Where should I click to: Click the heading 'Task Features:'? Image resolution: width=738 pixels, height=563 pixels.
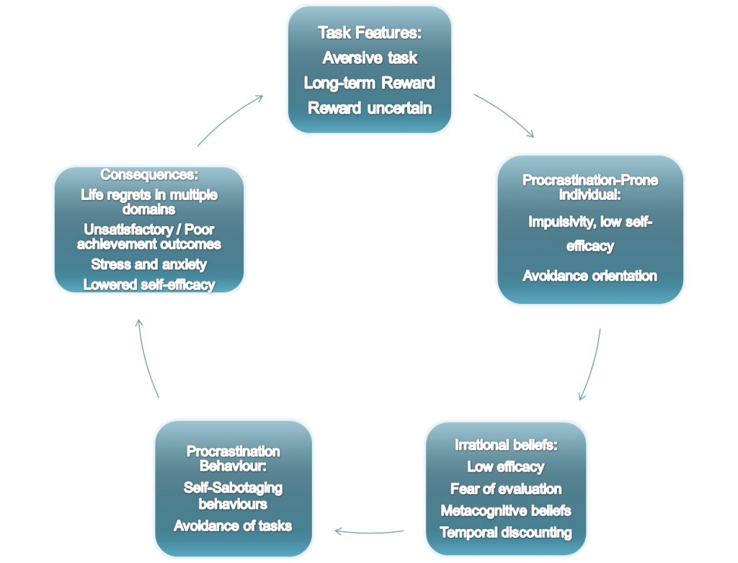[370, 33]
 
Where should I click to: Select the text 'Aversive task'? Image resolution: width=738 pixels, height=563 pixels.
[370, 58]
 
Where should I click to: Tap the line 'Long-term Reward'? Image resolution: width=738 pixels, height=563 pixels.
[370, 84]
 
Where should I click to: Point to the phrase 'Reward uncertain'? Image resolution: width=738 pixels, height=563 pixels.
[370, 108]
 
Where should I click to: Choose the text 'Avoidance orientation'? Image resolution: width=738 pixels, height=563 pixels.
[590, 276]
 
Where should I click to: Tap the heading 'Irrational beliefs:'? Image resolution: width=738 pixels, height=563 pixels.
[506, 445]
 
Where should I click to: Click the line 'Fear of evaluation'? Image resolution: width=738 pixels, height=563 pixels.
[506, 489]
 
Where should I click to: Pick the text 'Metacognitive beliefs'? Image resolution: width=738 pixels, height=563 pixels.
[506, 510]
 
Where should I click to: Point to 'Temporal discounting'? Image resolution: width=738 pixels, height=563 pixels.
[506, 533]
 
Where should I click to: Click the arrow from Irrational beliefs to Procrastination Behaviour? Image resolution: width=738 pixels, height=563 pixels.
[369, 533]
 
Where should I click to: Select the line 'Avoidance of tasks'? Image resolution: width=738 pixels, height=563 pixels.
[233, 526]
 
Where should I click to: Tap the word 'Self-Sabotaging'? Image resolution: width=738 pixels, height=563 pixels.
[233, 487]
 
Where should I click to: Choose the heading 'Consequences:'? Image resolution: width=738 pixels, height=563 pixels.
[149, 174]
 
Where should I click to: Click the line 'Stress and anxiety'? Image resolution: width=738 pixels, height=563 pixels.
[149, 264]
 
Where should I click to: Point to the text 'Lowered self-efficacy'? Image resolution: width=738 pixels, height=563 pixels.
[149, 284]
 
